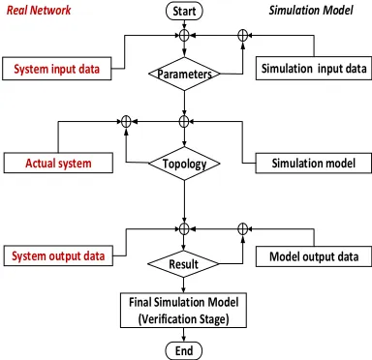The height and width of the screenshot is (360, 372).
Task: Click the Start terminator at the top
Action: click(184, 11)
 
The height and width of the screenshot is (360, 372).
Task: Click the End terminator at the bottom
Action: click(184, 350)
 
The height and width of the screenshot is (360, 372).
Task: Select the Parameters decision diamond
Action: click(184, 74)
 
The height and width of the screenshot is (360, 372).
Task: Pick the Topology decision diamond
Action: click(184, 164)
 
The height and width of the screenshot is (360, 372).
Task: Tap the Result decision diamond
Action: click(184, 264)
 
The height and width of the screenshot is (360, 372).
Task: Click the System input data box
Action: click(57, 69)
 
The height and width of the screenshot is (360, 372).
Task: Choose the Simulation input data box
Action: click(314, 69)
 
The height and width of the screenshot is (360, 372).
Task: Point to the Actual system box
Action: click(58, 163)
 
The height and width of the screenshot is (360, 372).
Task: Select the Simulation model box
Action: click(314, 164)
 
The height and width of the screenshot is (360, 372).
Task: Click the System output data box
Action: click(58, 256)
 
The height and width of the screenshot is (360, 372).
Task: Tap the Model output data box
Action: click(314, 256)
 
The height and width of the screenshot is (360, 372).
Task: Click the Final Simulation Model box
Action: click(184, 311)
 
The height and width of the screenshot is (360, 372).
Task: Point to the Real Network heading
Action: click(39, 10)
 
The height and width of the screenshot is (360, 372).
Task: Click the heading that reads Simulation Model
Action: click(311, 10)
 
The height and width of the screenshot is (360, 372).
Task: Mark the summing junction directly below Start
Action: click(184, 35)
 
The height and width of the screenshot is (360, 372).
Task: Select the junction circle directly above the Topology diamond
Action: click(184, 121)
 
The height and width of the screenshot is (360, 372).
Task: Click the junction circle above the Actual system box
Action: click(126, 121)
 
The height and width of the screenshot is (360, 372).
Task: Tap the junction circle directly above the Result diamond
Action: click(184, 229)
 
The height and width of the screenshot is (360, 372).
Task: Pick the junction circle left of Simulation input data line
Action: click(242, 35)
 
